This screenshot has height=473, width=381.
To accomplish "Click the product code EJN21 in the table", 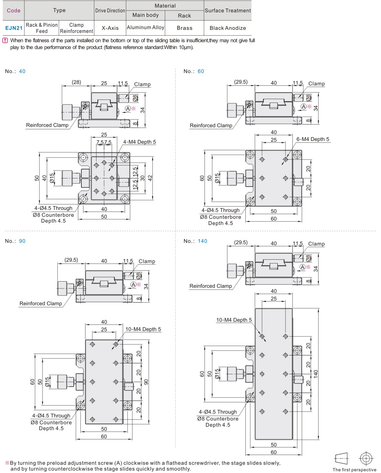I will pyautogui.click(x=14, y=28).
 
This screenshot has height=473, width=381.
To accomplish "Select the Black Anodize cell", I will pyautogui.click(x=228, y=28).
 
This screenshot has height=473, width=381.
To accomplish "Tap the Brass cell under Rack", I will pyautogui.click(x=184, y=28).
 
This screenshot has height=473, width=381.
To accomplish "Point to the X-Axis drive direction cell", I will pyautogui.click(x=110, y=28).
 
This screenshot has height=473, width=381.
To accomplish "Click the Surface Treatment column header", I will pyautogui.click(x=228, y=11).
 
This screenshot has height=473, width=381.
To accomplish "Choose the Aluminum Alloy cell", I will pyautogui.click(x=146, y=27).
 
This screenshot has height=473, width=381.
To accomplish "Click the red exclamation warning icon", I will pyautogui.click(x=5, y=40).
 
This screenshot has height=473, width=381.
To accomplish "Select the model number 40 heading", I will pyautogui.click(x=22, y=71).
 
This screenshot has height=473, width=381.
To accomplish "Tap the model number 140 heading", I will pyautogui.click(x=203, y=241).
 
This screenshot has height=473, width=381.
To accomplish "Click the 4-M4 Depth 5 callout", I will pyautogui.click(x=139, y=142).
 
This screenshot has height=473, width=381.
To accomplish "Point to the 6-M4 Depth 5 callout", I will pyautogui.click(x=313, y=139).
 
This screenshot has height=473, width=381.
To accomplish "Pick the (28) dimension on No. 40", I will pyautogui.click(x=76, y=82).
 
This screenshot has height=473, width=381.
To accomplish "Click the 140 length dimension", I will pyautogui.click(x=316, y=374).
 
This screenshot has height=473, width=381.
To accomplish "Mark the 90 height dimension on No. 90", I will pyautogui.click(x=146, y=382).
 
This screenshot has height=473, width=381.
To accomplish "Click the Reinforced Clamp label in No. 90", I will pyautogui.click(x=41, y=304).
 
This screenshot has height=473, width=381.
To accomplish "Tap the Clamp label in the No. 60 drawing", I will pyautogui.click(x=316, y=84).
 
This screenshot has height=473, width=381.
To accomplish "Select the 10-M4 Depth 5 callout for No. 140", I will pyautogui.click(x=234, y=320).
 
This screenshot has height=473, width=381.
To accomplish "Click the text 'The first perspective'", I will pyautogui.click(x=354, y=470).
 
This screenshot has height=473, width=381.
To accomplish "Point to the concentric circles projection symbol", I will pyautogui.click(x=366, y=458).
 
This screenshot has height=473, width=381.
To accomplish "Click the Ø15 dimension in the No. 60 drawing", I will pyautogui.click(x=217, y=178).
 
